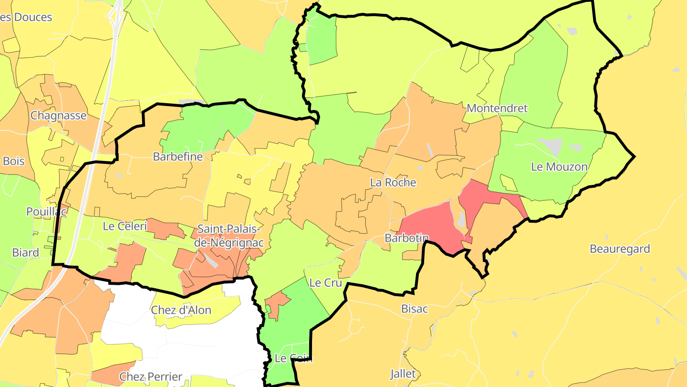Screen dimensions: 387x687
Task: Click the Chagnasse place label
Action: tap(59, 116)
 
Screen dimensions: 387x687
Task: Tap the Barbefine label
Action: tap(177, 157)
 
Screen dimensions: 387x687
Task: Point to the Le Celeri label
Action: tap(125, 226)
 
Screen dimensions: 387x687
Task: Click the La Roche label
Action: tap(393, 183)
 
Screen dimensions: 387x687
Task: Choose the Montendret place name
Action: tap(497, 108)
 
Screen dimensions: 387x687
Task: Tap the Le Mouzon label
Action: tap(559, 167)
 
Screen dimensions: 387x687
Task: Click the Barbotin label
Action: tap(406, 238)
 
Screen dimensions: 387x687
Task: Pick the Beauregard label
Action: tap(620, 249)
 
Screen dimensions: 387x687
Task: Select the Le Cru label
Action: tap(326, 283)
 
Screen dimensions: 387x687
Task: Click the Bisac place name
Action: tap(414, 309)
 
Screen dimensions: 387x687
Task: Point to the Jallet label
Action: tap(403, 374)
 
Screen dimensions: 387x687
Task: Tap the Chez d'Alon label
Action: tap(181, 310)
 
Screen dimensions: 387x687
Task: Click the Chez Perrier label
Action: tap(151, 376)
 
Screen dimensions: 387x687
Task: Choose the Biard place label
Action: tap(26, 253)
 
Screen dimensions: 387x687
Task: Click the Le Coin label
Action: tap(293, 358)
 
